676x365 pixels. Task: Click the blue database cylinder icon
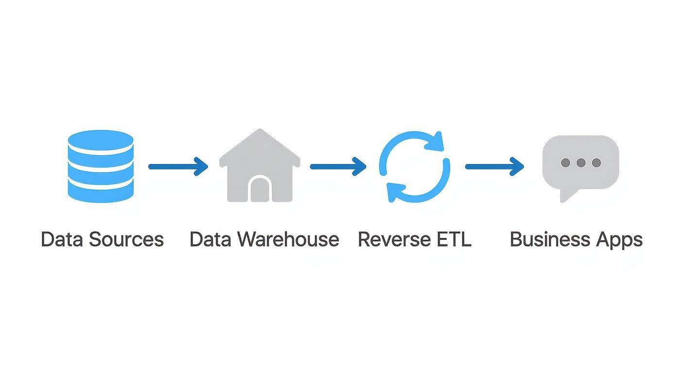point(101,166)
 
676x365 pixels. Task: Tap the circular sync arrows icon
point(414,166)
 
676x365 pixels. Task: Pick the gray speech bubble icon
point(580,163)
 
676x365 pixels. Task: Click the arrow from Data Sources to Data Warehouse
point(178,166)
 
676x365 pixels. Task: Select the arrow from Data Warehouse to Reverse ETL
point(338,166)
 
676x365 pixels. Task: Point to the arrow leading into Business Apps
point(494,166)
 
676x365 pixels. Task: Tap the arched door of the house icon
point(260,189)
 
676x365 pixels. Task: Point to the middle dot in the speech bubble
point(581,163)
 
